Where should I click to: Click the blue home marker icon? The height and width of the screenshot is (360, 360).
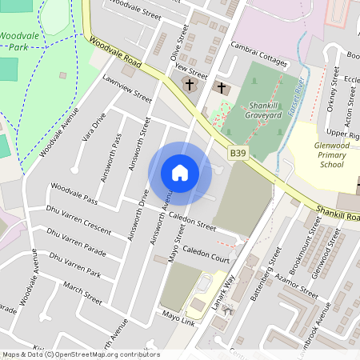[x=180, y=173]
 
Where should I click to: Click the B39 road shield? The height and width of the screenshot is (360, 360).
[x=238, y=152]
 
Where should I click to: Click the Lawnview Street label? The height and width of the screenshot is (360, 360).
[x=127, y=89]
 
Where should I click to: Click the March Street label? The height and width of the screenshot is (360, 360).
[x=83, y=293]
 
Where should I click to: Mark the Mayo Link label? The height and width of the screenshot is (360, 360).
[x=178, y=317]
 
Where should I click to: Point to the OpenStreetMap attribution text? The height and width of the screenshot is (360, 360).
[x=81, y=354]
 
